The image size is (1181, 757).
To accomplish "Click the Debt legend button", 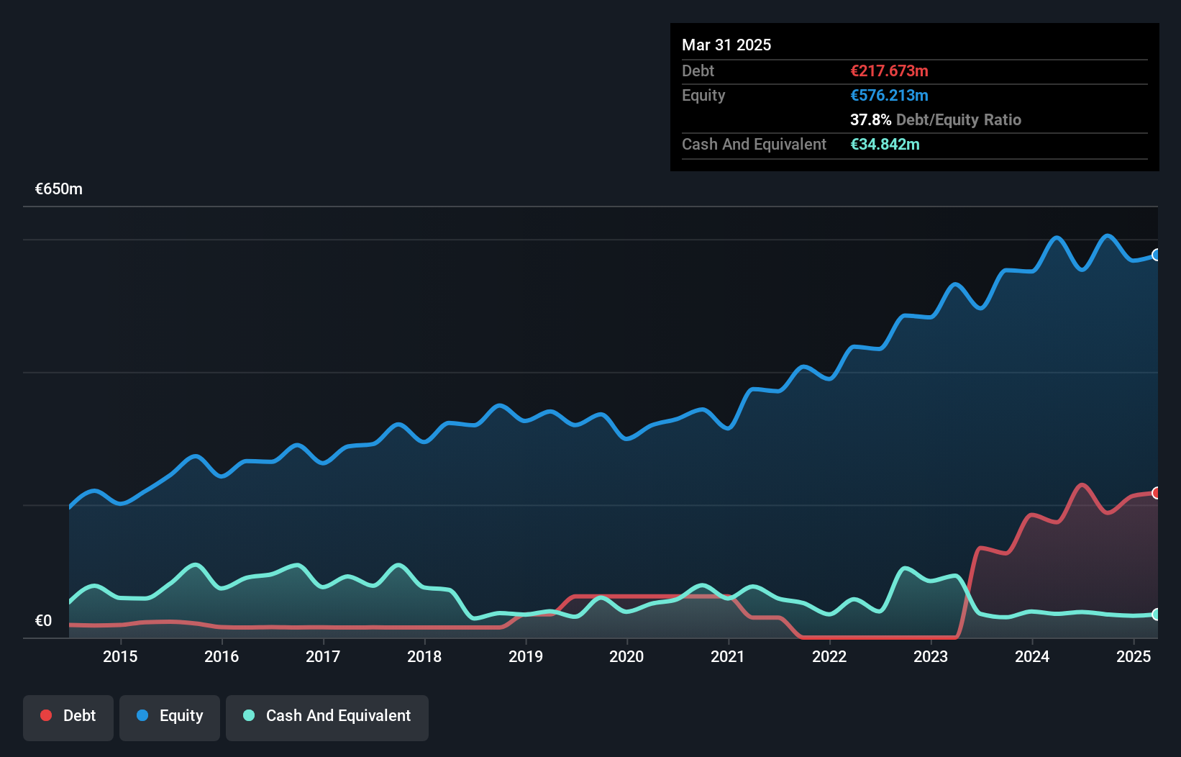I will [68, 716].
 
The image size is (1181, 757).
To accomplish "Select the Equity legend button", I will [170, 716].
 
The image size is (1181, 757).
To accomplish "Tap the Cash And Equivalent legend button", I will [327, 716].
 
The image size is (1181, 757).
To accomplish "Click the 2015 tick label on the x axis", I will [120, 656].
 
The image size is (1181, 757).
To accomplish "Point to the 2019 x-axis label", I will [526, 656].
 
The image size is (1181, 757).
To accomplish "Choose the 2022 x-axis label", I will [829, 656].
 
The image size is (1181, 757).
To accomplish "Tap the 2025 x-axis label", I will [1134, 656].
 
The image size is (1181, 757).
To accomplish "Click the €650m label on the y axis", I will [59, 189].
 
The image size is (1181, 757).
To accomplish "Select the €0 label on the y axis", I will [43, 621].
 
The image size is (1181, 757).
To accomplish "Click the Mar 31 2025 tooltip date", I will [726, 45].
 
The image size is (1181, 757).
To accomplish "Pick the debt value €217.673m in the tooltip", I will [889, 71].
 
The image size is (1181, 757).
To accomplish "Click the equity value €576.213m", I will [889, 96].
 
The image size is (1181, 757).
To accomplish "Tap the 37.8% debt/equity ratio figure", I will [870, 120].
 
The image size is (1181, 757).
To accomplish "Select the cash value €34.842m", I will [885, 145].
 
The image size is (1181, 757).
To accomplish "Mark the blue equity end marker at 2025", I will [1157, 255].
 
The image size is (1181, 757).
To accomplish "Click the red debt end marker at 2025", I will [1157, 493].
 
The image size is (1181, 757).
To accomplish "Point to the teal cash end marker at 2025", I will [1157, 615].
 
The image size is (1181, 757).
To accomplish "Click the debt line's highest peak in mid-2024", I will [1081, 485].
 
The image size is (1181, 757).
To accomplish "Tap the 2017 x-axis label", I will [323, 656].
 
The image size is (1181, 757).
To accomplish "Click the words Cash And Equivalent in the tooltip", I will [754, 145].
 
